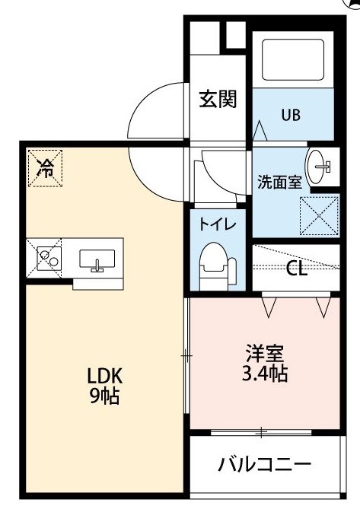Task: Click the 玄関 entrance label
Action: tap(218, 99)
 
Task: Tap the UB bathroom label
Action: tap(291, 115)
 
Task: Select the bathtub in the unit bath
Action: tap(293, 59)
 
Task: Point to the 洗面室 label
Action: tap(279, 183)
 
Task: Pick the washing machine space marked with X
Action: tap(319, 216)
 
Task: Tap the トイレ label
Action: tap(218, 224)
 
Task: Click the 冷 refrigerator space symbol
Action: tap(45, 168)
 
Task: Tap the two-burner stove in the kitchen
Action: tap(49, 258)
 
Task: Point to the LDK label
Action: tap(105, 376)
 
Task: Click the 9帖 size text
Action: tap(104, 396)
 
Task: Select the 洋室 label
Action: tap(265, 354)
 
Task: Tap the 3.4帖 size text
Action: tap(265, 373)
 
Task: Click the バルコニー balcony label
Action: tap(265, 465)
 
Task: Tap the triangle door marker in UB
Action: tap(260, 131)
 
